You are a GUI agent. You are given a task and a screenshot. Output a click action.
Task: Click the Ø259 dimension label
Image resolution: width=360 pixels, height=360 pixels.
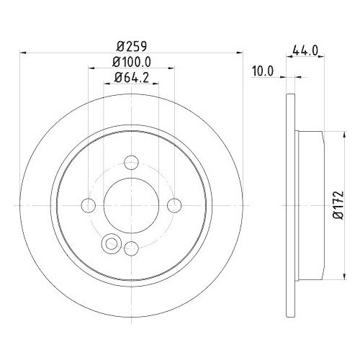click(x=130, y=45)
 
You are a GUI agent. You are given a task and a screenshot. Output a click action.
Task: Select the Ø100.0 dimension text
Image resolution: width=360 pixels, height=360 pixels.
click(x=130, y=63)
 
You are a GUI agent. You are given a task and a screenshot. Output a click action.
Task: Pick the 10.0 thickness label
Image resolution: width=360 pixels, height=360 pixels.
click(x=263, y=71)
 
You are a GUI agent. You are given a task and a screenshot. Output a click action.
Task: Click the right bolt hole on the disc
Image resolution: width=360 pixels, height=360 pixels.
click(x=174, y=205)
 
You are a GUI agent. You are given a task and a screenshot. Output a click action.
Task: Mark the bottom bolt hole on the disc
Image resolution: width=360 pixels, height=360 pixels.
click(x=131, y=248)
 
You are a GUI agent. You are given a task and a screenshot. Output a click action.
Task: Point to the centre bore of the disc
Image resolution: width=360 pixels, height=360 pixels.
click(x=131, y=205)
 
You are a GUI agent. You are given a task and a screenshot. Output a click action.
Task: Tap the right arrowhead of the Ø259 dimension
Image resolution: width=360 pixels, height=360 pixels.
click(x=239, y=52)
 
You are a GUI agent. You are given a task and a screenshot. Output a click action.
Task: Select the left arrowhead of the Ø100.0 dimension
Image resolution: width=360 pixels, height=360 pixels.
click(x=91, y=70)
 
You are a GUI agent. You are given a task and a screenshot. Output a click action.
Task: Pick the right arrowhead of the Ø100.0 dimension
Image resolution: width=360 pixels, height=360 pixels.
click(x=171, y=70)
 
